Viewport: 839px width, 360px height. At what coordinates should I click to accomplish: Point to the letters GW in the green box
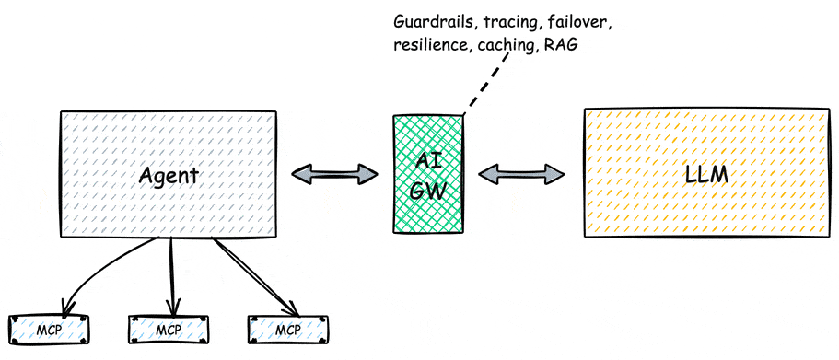[428, 191]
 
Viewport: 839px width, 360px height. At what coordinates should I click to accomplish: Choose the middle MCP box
[168, 329]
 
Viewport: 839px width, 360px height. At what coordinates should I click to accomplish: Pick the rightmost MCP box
[287, 329]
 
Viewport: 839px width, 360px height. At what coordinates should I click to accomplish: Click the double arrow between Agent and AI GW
[335, 173]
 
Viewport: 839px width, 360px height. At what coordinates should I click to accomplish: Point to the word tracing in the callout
[514, 19]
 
